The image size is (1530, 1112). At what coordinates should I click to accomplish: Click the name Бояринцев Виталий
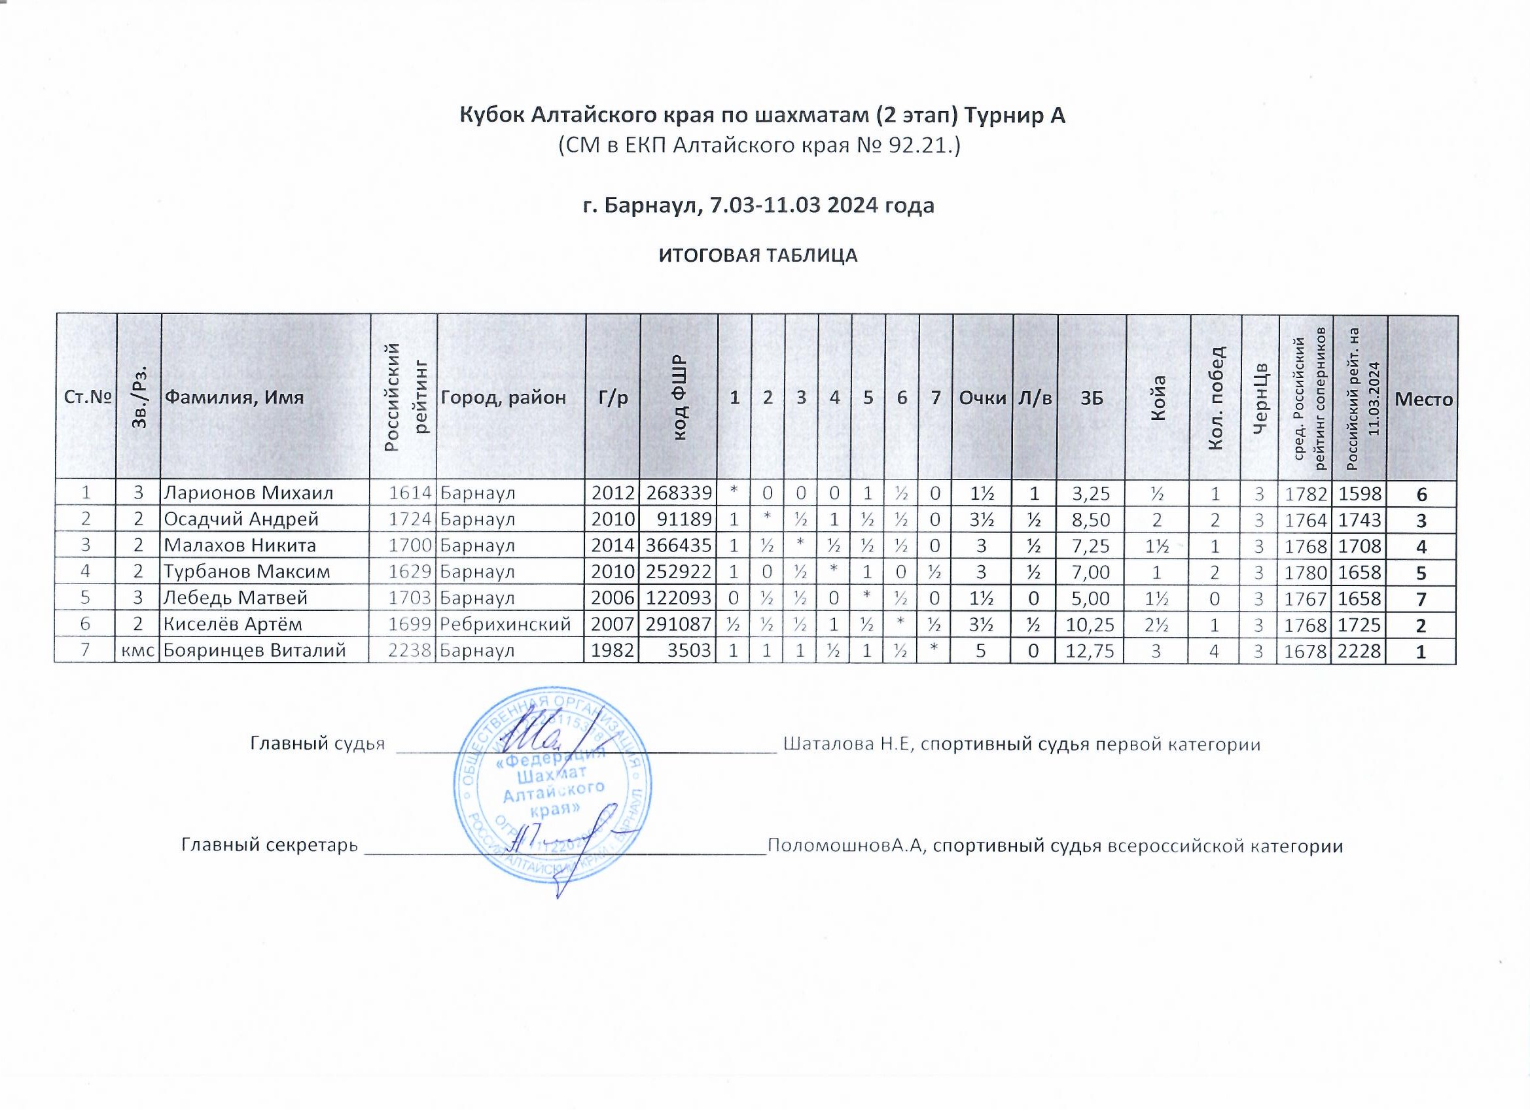[x=255, y=651]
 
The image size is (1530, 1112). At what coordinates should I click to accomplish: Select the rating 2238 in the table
[x=410, y=651]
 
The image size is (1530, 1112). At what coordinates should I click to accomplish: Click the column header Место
[x=1423, y=399]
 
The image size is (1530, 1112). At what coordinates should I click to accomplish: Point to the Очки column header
[x=982, y=398]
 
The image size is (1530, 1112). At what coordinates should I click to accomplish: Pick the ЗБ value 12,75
[x=1092, y=652]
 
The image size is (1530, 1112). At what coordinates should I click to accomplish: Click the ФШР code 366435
[x=679, y=546]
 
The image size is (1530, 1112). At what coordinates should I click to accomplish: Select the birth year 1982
[x=613, y=651]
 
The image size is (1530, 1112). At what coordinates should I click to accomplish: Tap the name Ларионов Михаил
[x=249, y=493]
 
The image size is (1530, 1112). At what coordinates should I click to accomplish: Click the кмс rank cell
[x=137, y=651]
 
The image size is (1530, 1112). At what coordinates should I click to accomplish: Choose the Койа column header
[x=1158, y=398]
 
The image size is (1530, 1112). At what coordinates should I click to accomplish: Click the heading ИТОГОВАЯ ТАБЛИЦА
[x=758, y=256]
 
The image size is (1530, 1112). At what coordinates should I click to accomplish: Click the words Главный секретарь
[x=270, y=846]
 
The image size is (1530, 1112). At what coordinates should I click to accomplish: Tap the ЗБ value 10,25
[x=1092, y=625]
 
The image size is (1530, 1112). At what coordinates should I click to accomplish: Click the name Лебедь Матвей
[x=236, y=598]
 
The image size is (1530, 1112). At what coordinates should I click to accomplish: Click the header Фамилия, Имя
[x=235, y=398]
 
